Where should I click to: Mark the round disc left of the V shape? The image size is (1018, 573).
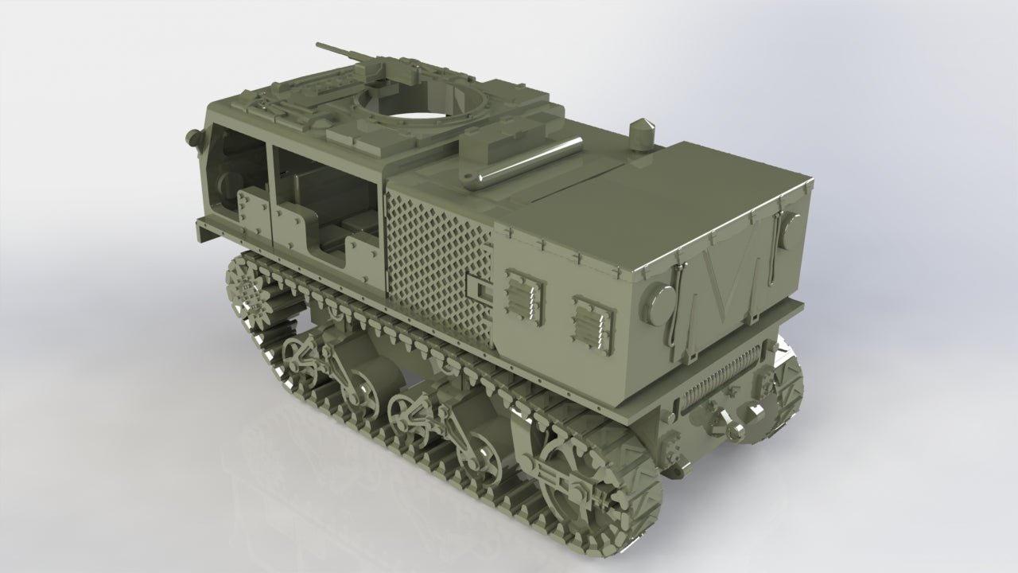[x=661, y=303]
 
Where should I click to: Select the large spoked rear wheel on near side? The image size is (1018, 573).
[x=578, y=485]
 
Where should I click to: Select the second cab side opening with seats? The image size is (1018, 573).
[x=326, y=203]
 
